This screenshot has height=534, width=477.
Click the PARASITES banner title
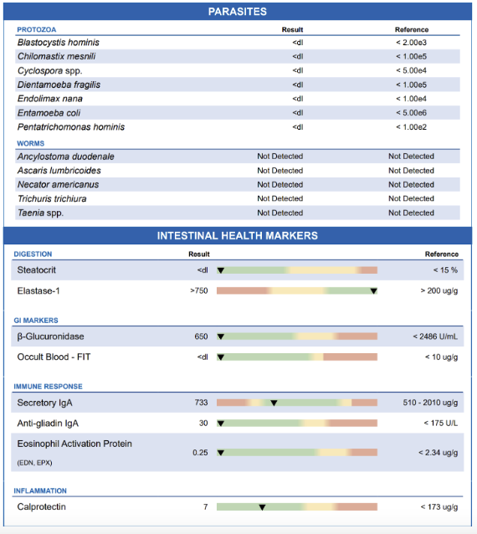pos(238,12)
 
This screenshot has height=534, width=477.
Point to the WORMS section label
pos(31,143)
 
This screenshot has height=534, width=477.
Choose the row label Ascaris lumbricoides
pos(65,171)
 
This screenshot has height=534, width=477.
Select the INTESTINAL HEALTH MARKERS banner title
pos(238,236)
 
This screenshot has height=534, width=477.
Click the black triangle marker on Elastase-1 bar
pos(373,291)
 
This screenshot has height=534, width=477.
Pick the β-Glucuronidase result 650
pos(201,336)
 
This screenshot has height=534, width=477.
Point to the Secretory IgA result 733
pos(201,403)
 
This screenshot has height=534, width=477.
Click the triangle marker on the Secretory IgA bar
pos(274,403)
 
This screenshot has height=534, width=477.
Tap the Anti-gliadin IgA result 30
pos(203,423)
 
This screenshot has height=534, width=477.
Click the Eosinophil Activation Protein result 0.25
pos(200,453)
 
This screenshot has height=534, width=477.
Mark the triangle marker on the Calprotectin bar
pos(262,507)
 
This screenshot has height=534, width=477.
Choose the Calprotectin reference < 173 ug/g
pos(439,507)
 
